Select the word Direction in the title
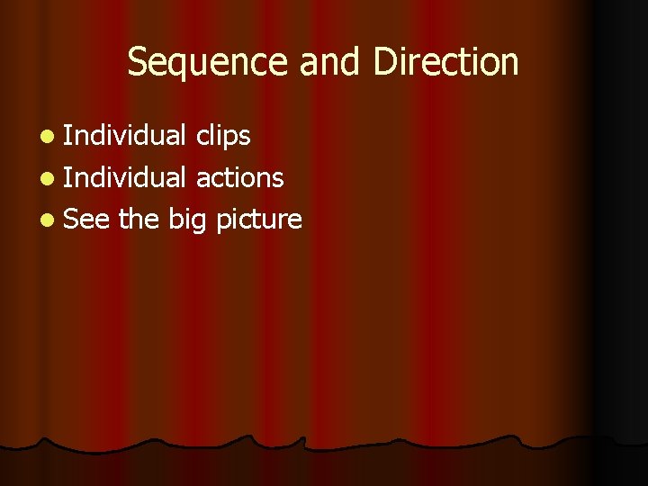click(445, 62)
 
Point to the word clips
click(223, 136)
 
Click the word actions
click(240, 178)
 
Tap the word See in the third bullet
click(87, 219)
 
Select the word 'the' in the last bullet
click(139, 219)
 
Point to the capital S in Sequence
click(138, 62)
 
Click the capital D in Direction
click(382, 62)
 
